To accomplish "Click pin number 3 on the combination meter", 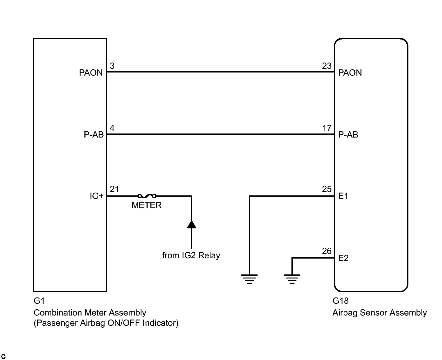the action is point(112,66).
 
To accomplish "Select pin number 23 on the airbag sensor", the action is point(327,66).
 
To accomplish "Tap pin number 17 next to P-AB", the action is point(327,128).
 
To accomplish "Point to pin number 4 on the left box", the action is point(112,128).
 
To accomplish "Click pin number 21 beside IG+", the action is point(114,189).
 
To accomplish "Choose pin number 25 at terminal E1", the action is point(327,189).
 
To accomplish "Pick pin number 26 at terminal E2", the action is point(327,251).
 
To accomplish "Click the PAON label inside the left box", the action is point(91,73).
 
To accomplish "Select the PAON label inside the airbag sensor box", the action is point(350,73).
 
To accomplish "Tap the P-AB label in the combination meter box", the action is point(94,135).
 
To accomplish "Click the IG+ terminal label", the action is point(96,196).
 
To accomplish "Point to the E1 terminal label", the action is point(343,196).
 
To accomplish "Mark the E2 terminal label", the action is point(343,258).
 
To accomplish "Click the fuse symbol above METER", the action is point(147,196).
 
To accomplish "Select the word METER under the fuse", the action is point(147,205).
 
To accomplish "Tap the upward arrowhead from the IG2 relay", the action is point(191,224).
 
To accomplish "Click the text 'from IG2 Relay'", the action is point(191,255).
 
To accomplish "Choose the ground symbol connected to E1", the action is point(249,279).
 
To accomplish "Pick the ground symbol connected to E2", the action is point(292,279).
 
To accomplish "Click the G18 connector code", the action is point(341,301).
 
